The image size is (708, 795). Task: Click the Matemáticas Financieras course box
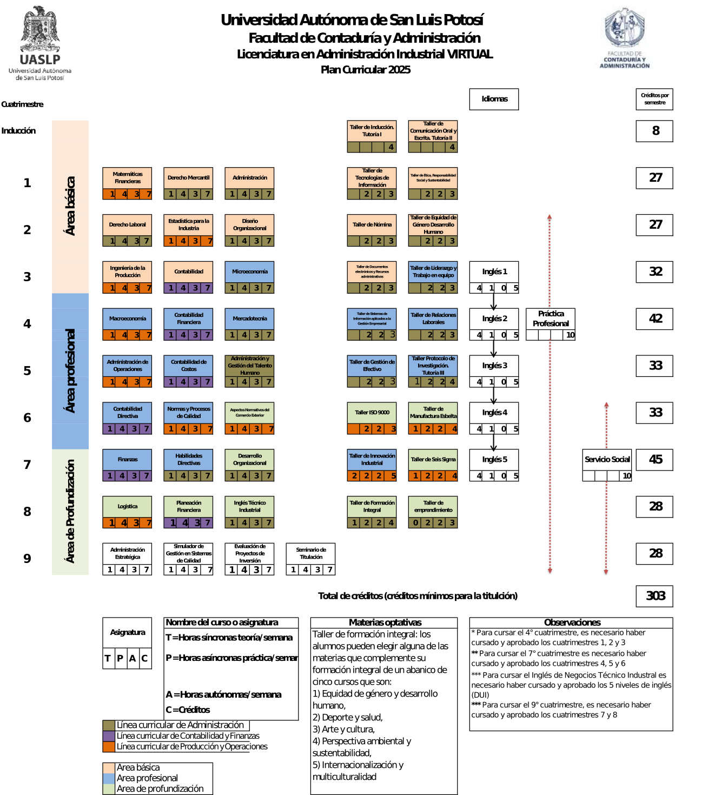(x=127, y=178)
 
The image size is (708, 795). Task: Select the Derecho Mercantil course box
(x=188, y=178)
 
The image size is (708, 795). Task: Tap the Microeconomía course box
(x=249, y=271)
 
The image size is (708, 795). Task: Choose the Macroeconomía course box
(x=127, y=319)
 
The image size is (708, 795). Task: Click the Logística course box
(x=127, y=507)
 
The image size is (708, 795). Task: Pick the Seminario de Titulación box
(x=310, y=553)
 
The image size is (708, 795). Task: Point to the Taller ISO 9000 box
(x=372, y=413)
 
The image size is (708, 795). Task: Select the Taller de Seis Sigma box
(x=433, y=460)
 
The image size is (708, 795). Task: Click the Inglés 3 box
(x=494, y=366)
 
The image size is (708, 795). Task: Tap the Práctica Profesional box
(x=551, y=319)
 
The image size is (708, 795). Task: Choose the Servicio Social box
(x=607, y=460)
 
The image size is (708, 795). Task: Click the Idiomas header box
(x=494, y=99)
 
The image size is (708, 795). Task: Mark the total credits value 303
(x=655, y=596)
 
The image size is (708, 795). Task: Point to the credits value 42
(x=655, y=319)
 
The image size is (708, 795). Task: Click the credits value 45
(x=655, y=460)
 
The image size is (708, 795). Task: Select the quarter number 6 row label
(x=27, y=418)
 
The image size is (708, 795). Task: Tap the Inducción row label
(x=18, y=131)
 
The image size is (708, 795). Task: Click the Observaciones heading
(x=572, y=622)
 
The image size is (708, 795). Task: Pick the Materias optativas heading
(x=385, y=622)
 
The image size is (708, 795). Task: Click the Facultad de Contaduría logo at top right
(x=625, y=39)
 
